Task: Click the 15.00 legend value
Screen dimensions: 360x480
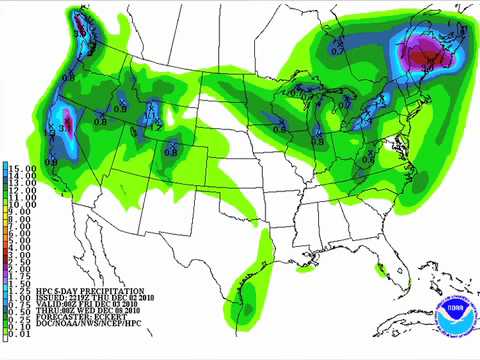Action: (23, 167)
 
